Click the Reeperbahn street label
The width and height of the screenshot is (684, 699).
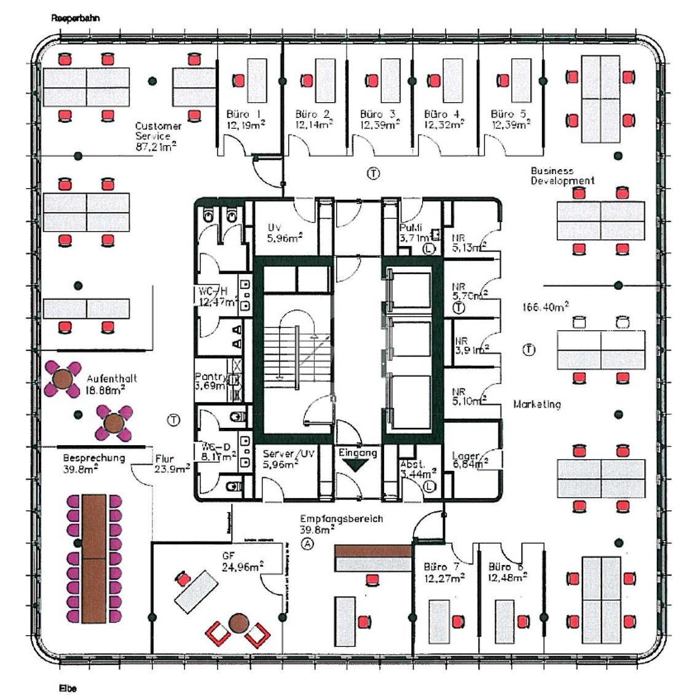click(x=75, y=18)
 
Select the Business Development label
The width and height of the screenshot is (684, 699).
click(x=562, y=176)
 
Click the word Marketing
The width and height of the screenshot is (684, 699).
click(x=537, y=404)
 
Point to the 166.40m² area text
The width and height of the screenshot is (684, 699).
click(x=544, y=305)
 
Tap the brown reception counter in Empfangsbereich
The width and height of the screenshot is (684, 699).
click(x=372, y=551)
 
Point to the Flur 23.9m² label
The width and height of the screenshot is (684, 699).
click(x=164, y=458)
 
